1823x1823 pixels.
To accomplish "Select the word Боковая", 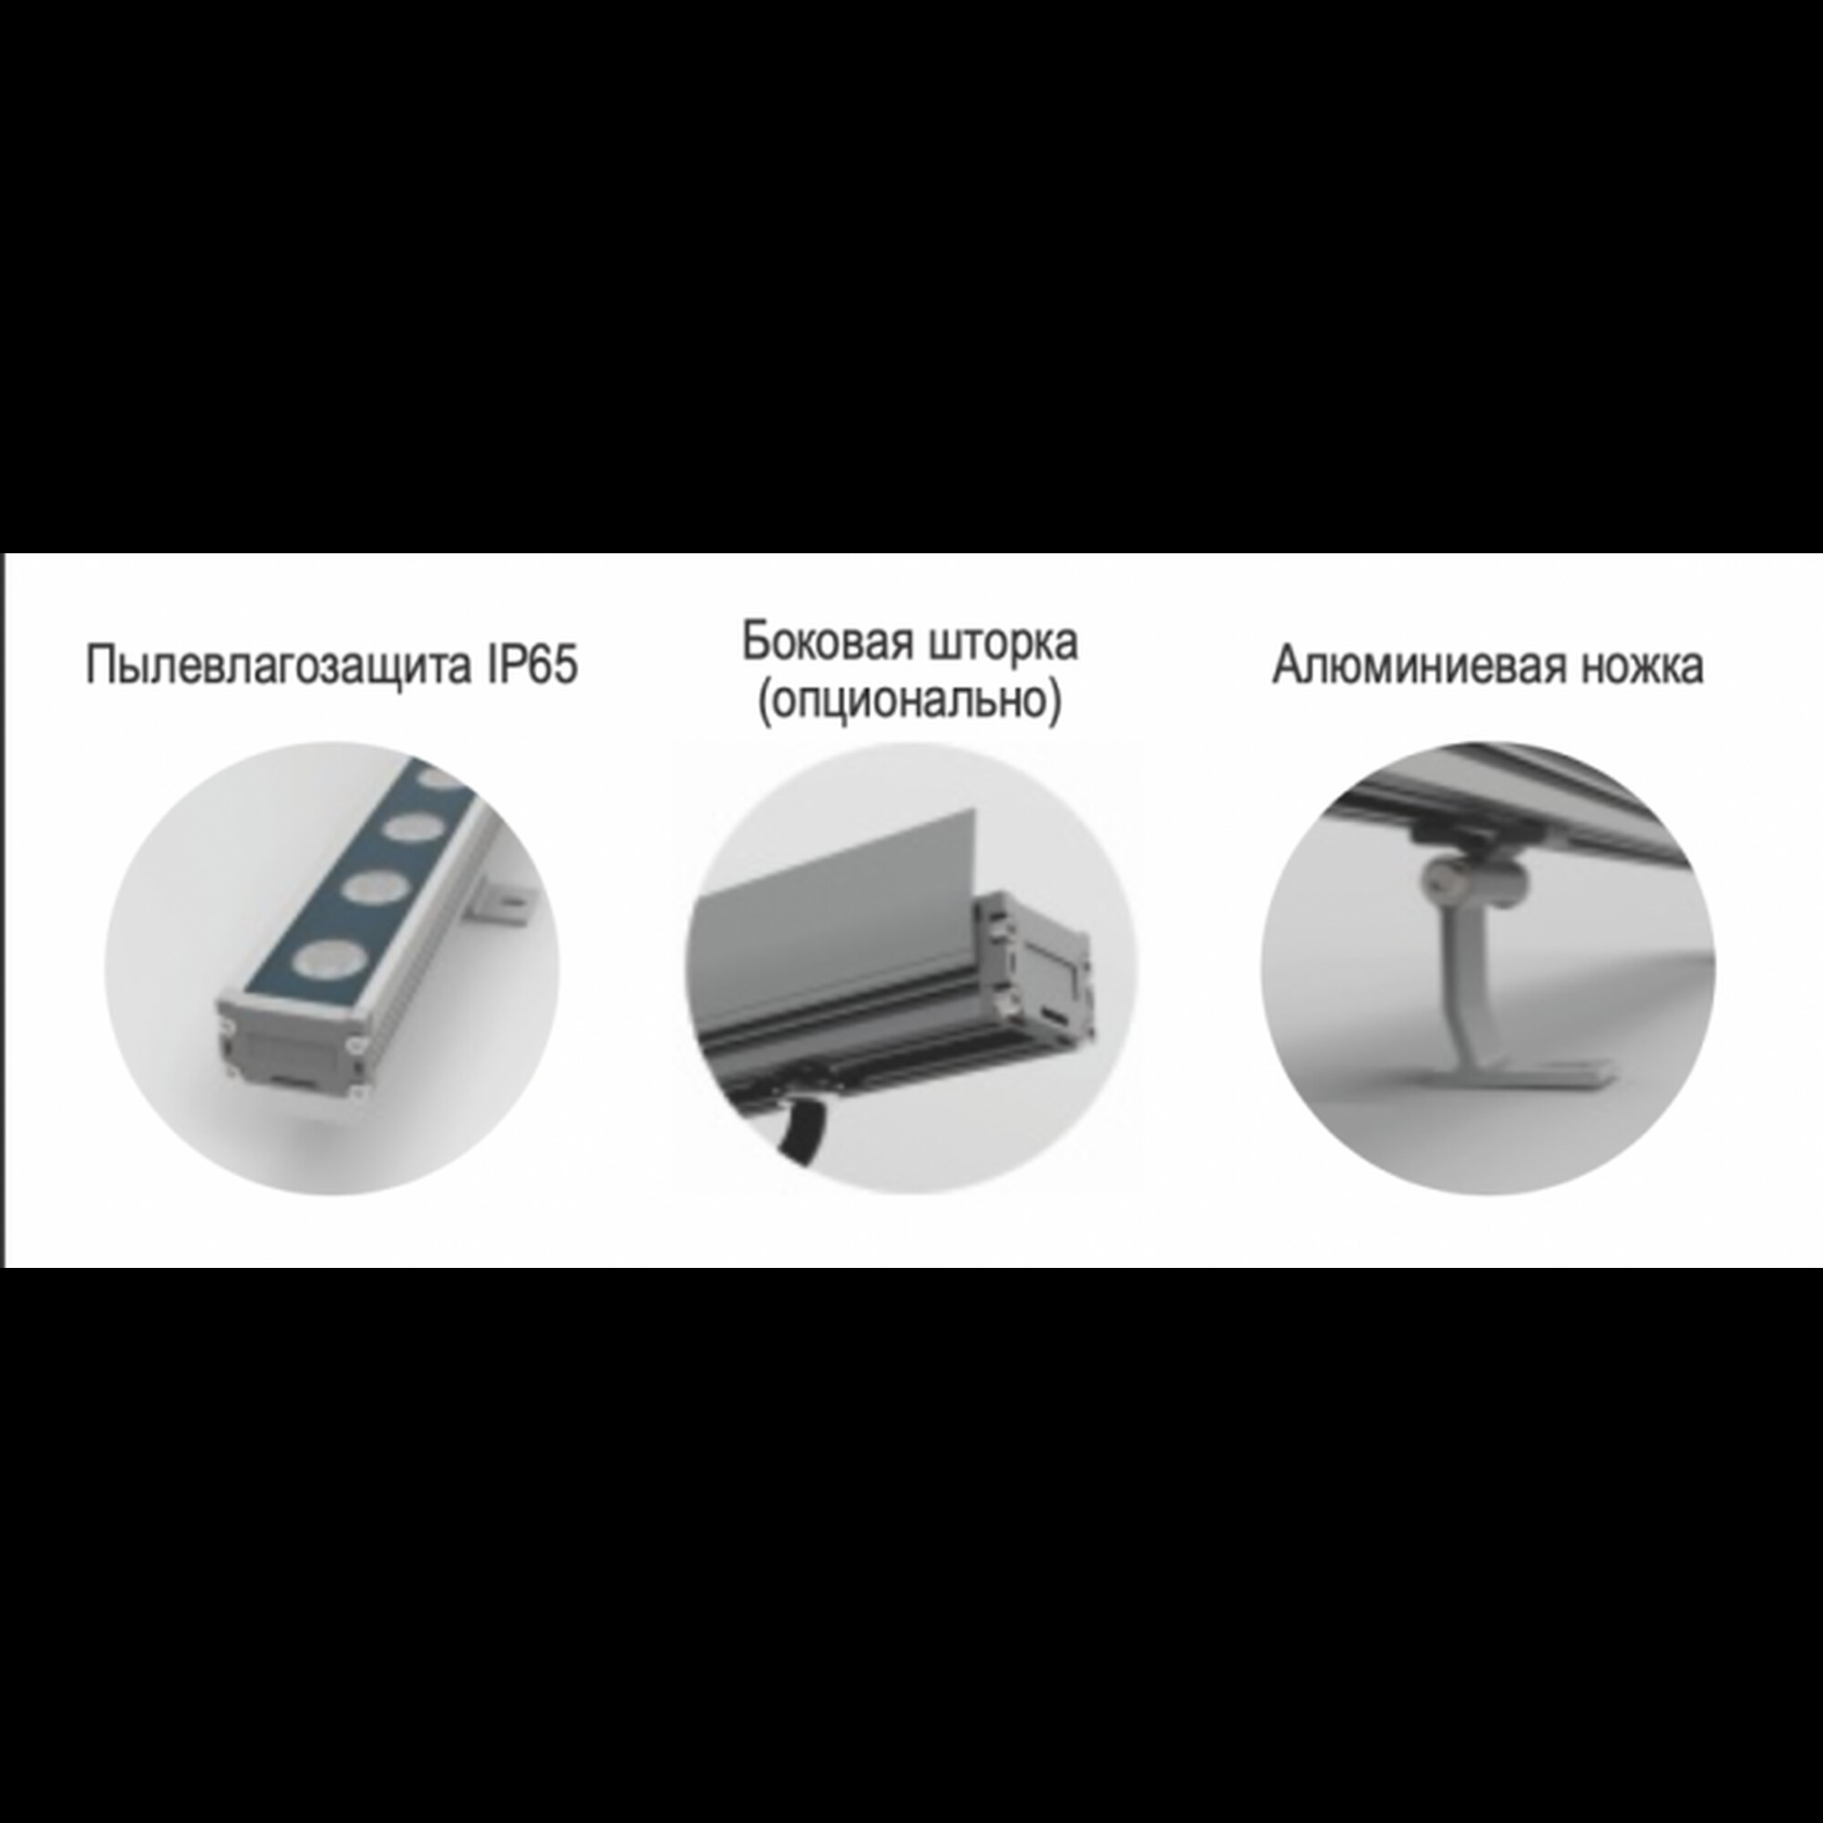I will (x=828, y=642).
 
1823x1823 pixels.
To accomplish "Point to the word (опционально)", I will (x=910, y=701).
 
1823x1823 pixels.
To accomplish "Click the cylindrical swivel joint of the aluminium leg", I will (x=1471, y=880).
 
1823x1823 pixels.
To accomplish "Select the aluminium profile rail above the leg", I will (x=1548, y=802).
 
